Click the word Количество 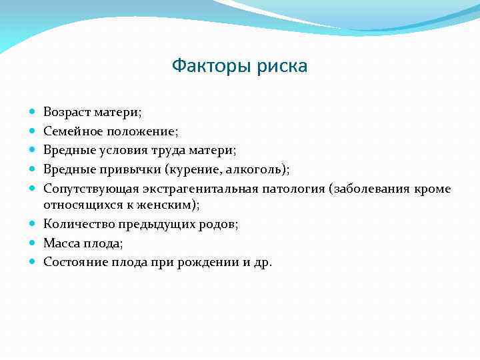pos(76,223)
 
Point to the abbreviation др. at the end pos(263,263)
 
